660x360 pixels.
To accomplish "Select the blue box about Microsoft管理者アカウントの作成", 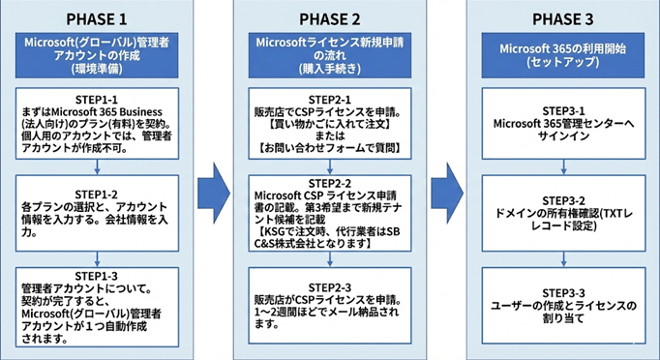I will coord(97,55).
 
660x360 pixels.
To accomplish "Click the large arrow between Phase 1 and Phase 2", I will coord(211,180).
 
